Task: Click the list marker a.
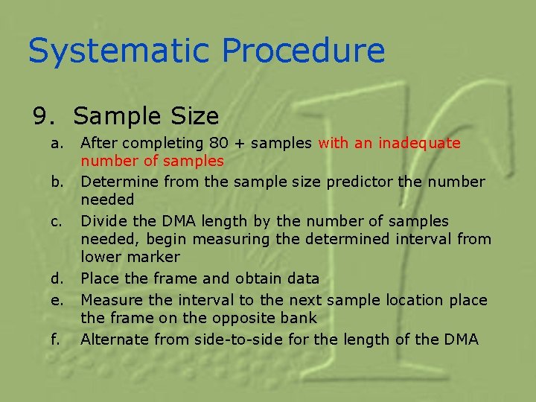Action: (57, 142)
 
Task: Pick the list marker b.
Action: (57, 182)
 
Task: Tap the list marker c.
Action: (57, 221)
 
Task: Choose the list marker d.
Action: (57, 278)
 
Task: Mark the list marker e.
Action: (57, 300)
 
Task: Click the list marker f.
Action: (56, 339)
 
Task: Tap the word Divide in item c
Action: (103, 221)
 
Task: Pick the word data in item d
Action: (304, 278)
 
